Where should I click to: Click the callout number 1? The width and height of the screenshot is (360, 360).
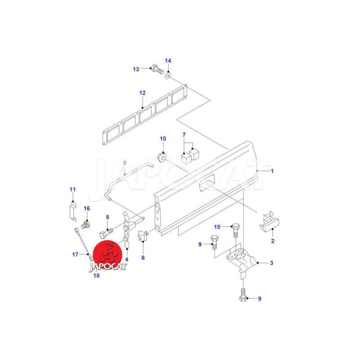tap(272, 171)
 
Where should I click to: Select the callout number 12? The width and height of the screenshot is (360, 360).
tap(142, 93)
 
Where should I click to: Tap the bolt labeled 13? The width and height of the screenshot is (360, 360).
tap(157, 69)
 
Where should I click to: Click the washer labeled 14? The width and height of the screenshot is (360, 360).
tap(168, 75)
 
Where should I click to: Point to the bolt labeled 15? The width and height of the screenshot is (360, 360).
tap(236, 230)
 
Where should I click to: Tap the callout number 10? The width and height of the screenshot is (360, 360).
tap(163, 139)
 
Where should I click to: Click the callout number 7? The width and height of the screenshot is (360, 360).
tap(184, 135)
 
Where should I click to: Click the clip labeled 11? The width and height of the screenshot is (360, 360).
tap(73, 211)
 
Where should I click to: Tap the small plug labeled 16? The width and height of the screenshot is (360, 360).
tap(86, 224)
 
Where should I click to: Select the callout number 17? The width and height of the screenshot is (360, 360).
tap(75, 254)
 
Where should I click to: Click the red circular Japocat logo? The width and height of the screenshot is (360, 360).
tap(107, 255)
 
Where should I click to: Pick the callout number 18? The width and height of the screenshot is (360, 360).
tap(96, 275)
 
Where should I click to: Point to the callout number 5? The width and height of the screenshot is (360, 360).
tap(125, 163)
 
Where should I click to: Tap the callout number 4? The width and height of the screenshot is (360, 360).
tap(127, 260)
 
